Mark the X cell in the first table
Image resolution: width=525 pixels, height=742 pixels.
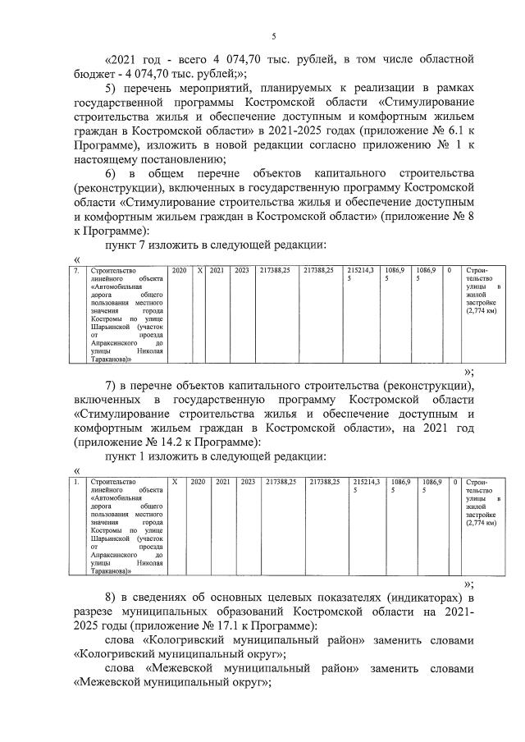[199, 270]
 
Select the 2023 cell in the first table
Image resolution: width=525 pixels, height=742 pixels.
[242, 270]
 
